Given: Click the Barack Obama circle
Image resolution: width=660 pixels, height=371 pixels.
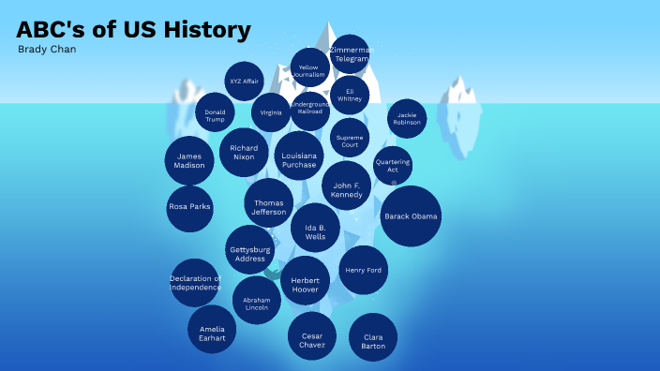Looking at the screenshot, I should (x=411, y=216).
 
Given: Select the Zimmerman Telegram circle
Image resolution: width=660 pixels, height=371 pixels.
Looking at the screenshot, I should (x=352, y=54).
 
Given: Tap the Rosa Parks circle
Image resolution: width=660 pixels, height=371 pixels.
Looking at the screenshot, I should (x=189, y=207).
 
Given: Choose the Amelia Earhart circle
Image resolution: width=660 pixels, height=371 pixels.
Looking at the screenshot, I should (x=212, y=329).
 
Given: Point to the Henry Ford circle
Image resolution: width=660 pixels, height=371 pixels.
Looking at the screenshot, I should (x=363, y=270).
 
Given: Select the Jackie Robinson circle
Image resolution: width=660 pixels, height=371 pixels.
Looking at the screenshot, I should (x=407, y=118).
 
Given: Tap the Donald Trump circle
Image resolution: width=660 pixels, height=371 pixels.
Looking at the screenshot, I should (x=216, y=114).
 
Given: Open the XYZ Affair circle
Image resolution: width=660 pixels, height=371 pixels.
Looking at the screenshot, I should (x=245, y=82).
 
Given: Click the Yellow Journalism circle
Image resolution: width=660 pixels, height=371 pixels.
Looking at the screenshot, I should (x=308, y=69).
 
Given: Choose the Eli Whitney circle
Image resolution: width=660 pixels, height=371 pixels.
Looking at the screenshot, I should (x=350, y=95).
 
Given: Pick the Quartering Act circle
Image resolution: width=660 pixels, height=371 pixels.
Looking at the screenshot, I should (x=393, y=166).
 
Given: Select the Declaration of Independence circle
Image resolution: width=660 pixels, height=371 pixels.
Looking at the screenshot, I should (x=195, y=283).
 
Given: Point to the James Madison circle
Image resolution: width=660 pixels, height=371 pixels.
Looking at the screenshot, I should (x=189, y=161).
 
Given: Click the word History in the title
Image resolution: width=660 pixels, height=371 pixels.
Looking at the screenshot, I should (x=206, y=30).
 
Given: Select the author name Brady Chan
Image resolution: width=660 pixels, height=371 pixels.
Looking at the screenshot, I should (x=47, y=49).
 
